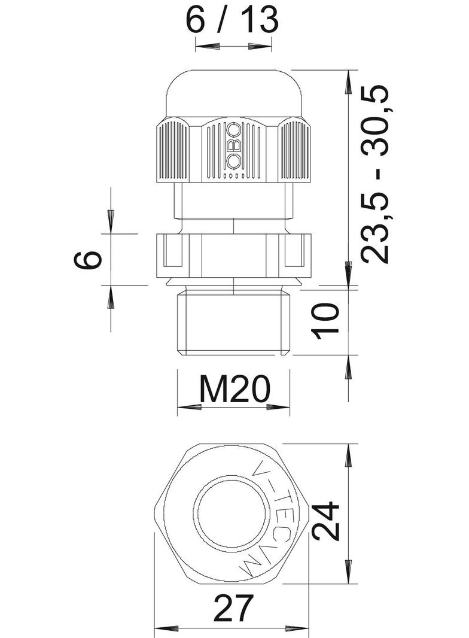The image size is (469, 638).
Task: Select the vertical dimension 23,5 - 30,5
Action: click(375, 174)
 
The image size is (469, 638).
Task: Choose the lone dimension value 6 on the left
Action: click(87, 260)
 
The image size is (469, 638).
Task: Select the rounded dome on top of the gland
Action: click(233, 93)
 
